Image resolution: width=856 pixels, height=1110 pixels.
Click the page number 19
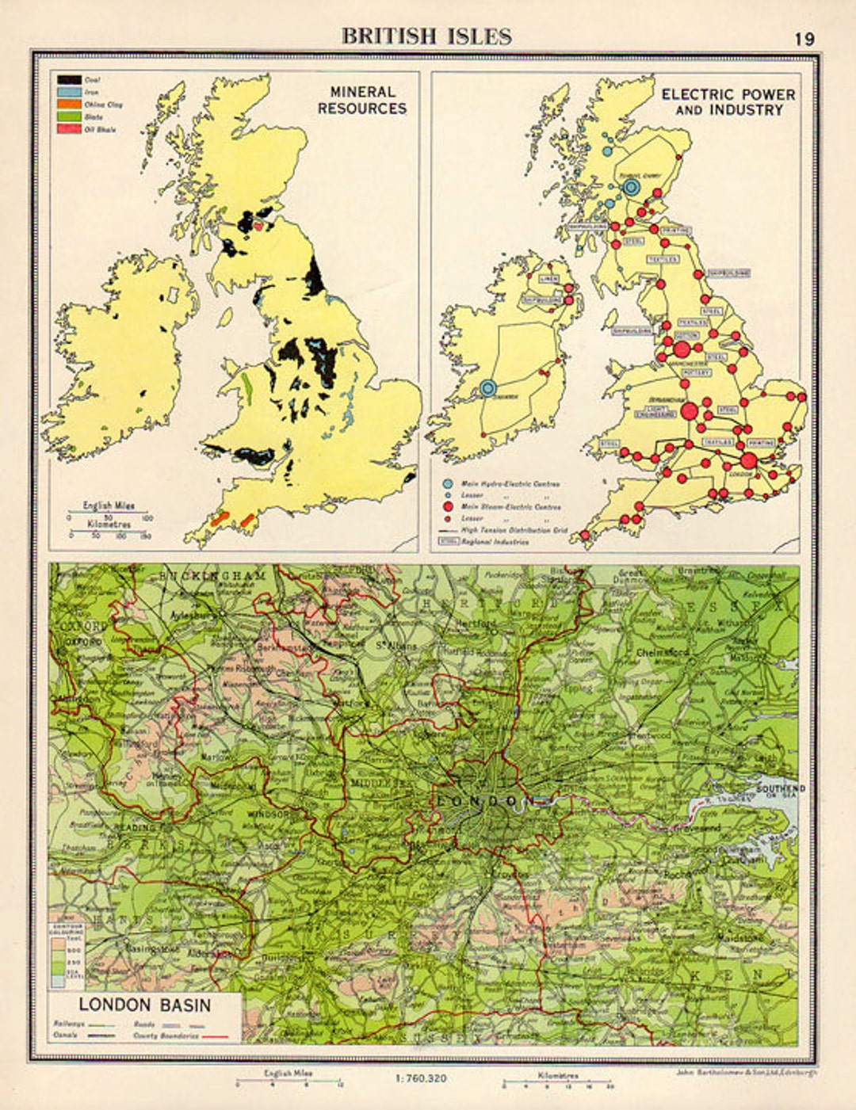[x=804, y=39]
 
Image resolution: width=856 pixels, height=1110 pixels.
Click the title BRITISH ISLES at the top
[x=426, y=36]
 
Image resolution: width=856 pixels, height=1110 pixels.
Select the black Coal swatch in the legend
[x=70, y=80]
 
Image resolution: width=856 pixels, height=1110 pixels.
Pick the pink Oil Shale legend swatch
[x=70, y=129]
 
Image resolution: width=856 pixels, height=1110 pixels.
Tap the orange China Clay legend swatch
[x=70, y=105]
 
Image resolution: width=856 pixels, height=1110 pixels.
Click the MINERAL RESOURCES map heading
[x=362, y=101]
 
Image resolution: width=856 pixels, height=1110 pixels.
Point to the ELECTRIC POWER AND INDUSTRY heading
[x=728, y=102]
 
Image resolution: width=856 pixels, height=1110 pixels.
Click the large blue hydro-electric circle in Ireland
[x=487, y=387]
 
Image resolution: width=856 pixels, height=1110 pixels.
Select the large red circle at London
[x=748, y=460]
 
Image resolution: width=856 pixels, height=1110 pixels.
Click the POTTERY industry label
[x=697, y=372]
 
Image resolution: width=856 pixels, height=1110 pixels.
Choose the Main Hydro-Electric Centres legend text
[x=510, y=483]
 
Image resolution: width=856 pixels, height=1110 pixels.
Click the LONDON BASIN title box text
[x=144, y=1005]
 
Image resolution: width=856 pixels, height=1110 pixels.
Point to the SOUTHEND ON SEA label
[x=780, y=791]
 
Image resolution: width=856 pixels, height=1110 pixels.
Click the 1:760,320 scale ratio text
[x=420, y=1078]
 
